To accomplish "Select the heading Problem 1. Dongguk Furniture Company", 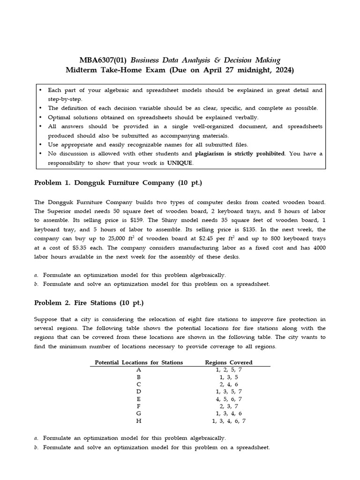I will coord(118,183).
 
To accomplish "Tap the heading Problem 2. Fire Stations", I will coord(89,303).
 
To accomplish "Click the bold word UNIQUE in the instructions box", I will coord(179,163).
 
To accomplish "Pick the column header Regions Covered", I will coord(229,362).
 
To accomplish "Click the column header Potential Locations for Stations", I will coord(139,362).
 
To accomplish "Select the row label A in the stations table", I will coord(139,370).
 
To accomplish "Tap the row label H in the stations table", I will coord(139,421).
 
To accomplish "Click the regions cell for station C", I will coord(229,384).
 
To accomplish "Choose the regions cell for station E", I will coord(229,399).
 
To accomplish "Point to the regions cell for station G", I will coord(229,413).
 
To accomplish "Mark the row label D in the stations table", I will coord(139,391).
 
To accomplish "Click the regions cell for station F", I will coord(229,406).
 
